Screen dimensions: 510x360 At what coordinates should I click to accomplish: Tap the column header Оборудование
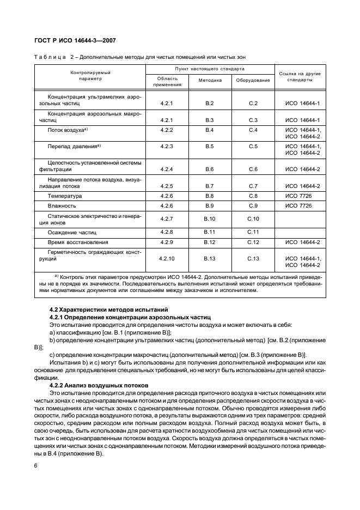(253, 80)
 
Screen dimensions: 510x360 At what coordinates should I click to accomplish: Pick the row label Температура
(65, 196)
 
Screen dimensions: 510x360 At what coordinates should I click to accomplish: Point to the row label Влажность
(62, 206)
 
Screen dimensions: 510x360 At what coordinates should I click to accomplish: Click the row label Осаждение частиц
(69, 232)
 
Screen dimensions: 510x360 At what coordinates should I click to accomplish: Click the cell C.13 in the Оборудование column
(253, 258)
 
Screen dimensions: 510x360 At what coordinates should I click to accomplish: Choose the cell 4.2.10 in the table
(167, 258)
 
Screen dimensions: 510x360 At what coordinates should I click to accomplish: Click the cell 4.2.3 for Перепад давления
(167, 147)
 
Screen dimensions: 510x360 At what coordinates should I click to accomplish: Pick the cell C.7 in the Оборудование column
(253, 186)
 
